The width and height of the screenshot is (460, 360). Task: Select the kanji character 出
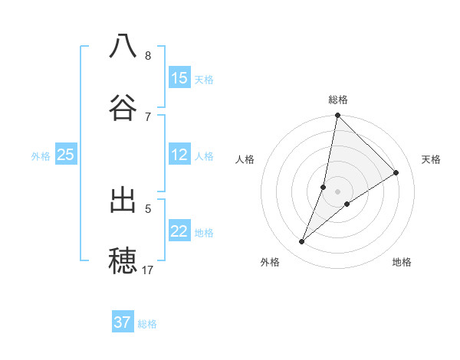[123, 201]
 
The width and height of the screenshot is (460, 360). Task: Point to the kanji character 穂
[123, 260]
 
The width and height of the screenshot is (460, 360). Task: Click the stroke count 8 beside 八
[148, 56]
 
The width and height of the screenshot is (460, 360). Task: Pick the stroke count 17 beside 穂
[148, 270]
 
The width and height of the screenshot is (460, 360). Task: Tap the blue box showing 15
[179, 78]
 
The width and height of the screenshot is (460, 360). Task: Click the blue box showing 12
[179, 155]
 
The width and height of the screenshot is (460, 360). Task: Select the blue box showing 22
[179, 231]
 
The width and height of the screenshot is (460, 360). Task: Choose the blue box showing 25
[66, 155]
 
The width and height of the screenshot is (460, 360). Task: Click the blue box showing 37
[123, 322]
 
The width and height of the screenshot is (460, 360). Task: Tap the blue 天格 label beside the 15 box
[204, 79]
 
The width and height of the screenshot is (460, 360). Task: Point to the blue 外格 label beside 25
[41, 155]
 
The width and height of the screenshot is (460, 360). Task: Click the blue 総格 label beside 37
[147, 323]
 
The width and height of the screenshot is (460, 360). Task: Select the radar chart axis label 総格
[338, 100]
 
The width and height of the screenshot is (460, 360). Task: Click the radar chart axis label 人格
[245, 159]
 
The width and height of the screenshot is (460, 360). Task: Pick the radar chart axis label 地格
[402, 262]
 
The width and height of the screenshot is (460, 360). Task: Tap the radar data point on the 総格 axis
[337, 116]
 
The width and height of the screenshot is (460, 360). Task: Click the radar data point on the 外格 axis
[302, 242]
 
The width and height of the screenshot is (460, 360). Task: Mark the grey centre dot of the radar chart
[337, 181]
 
